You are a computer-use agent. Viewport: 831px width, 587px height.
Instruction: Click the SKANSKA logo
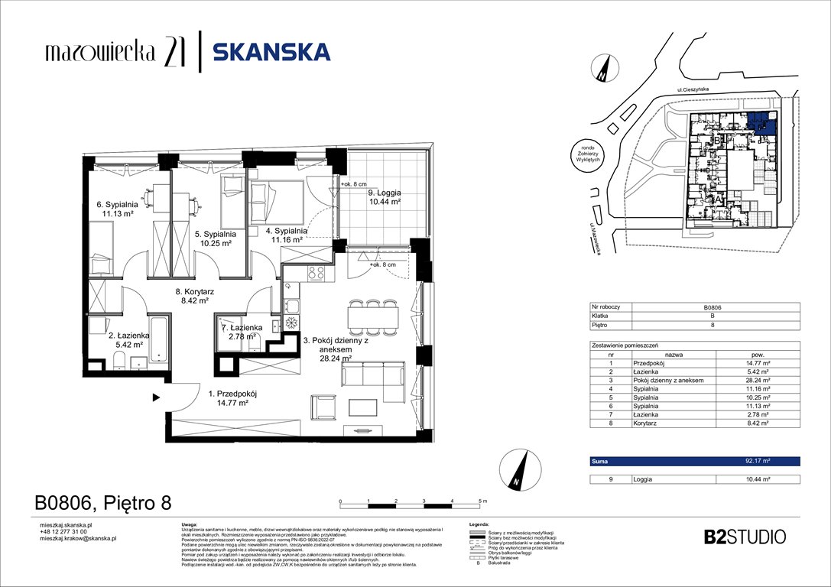click(271, 52)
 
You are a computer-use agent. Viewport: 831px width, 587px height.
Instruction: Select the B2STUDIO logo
click(744, 536)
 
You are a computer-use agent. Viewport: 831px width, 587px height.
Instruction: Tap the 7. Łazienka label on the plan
click(242, 332)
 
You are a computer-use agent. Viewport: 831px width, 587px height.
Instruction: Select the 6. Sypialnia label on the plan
click(117, 209)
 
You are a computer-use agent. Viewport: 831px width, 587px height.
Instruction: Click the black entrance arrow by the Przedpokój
click(155, 397)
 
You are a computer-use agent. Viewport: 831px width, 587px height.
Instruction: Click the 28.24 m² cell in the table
click(757, 380)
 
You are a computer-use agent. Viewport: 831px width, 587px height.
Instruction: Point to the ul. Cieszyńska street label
click(693, 89)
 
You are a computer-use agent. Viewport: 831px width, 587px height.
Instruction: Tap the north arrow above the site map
click(604, 68)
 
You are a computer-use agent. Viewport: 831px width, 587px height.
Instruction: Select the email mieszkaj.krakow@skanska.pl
click(77, 539)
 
